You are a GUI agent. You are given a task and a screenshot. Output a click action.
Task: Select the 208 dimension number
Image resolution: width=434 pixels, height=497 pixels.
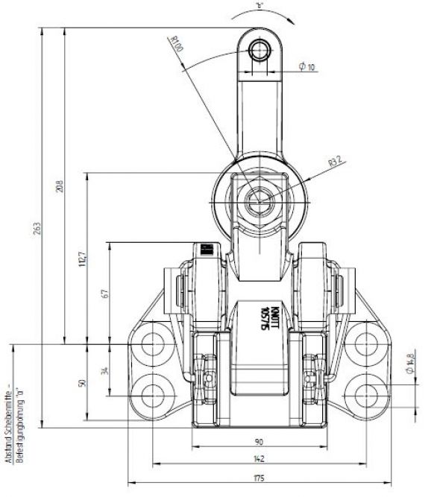[x=60, y=186]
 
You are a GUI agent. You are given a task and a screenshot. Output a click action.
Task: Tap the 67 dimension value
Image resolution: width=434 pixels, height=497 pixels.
[x=105, y=293]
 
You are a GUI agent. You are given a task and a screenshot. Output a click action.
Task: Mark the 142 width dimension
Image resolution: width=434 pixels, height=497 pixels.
[x=259, y=460]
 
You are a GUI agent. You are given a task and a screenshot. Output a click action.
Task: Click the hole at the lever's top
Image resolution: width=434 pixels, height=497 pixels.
[x=259, y=51]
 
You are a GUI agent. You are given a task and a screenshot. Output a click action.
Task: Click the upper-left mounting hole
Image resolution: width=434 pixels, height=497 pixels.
[x=154, y=344]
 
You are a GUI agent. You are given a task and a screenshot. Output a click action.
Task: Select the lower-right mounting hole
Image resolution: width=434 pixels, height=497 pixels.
[x=365, y=393]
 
